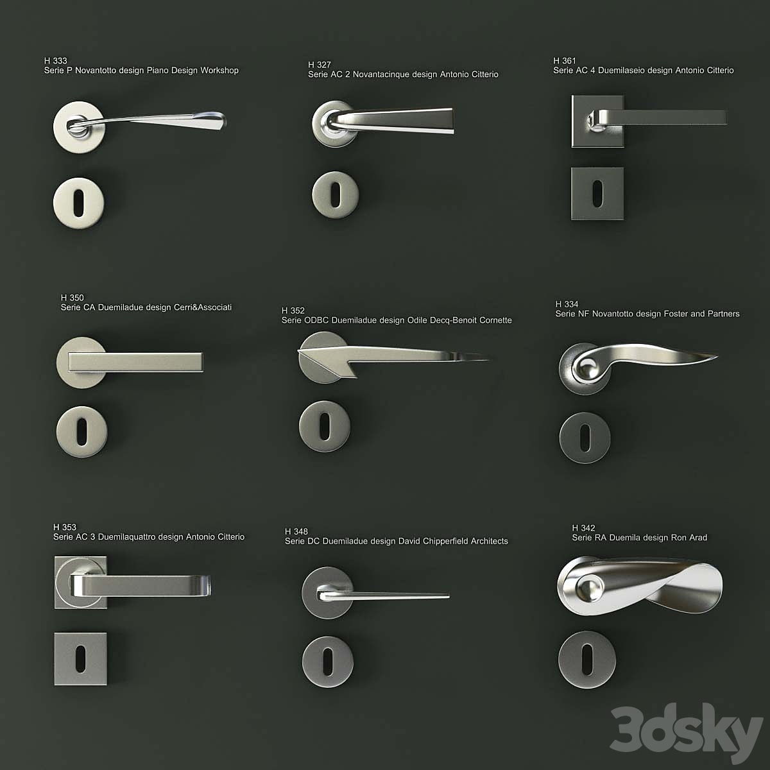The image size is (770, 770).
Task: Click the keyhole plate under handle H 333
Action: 79,203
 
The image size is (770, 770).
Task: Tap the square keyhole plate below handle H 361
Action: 597,193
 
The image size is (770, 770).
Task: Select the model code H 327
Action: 320,65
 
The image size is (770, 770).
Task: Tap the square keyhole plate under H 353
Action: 80,658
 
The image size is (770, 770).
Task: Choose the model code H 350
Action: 73,298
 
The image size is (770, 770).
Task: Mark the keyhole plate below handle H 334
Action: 585,438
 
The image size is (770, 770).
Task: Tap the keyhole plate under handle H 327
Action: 335,194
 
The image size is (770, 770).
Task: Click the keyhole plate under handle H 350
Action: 81,431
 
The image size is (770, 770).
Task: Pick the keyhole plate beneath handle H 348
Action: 327,662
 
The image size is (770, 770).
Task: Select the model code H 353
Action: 65,527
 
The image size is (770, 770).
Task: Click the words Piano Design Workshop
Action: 193,71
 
